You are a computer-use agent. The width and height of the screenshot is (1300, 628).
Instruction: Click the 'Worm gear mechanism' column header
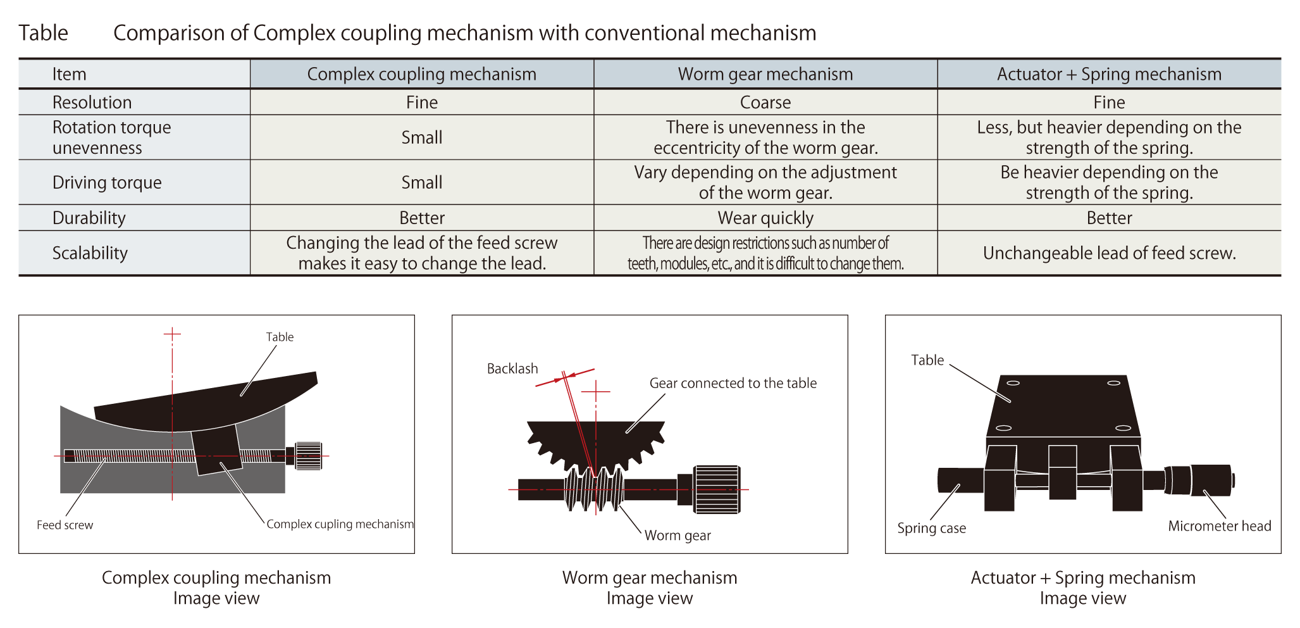point(765,74)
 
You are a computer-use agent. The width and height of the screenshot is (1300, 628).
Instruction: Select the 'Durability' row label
point(89,218)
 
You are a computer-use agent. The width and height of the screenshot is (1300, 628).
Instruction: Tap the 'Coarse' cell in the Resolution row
point(765,102)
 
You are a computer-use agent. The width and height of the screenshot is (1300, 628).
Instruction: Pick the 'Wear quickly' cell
point(765,218)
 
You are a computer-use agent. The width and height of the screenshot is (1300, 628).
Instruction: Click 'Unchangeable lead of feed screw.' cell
point(1109,253)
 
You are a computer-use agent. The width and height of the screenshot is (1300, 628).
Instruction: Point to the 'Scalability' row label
point(90,253)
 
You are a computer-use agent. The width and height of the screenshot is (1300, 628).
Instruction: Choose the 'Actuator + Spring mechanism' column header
point(1109,74)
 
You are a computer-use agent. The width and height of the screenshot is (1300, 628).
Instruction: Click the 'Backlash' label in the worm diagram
point(512,368)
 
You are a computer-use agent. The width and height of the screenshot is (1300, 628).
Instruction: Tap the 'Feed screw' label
point(65,525)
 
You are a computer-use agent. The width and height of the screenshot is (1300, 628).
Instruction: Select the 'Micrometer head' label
point(1219,526)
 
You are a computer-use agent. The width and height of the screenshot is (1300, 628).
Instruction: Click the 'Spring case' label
point(931,528)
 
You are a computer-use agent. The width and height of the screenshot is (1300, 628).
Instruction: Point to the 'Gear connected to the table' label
point(733,383)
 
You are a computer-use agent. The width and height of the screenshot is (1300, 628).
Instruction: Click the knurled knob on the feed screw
point(308,456)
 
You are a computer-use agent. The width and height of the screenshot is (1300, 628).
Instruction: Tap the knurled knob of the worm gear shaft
point(717,489)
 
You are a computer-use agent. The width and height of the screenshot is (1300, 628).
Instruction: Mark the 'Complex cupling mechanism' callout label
point(340,524)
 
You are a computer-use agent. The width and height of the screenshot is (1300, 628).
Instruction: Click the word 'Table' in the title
point(43,33)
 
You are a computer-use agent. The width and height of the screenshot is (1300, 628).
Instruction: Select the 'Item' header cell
point(69,74)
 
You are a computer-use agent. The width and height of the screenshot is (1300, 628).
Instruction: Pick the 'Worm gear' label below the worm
point(678,536)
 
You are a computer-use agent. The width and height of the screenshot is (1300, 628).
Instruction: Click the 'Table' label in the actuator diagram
point(927,360)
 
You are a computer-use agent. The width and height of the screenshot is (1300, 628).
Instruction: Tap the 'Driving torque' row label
point(107,182)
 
